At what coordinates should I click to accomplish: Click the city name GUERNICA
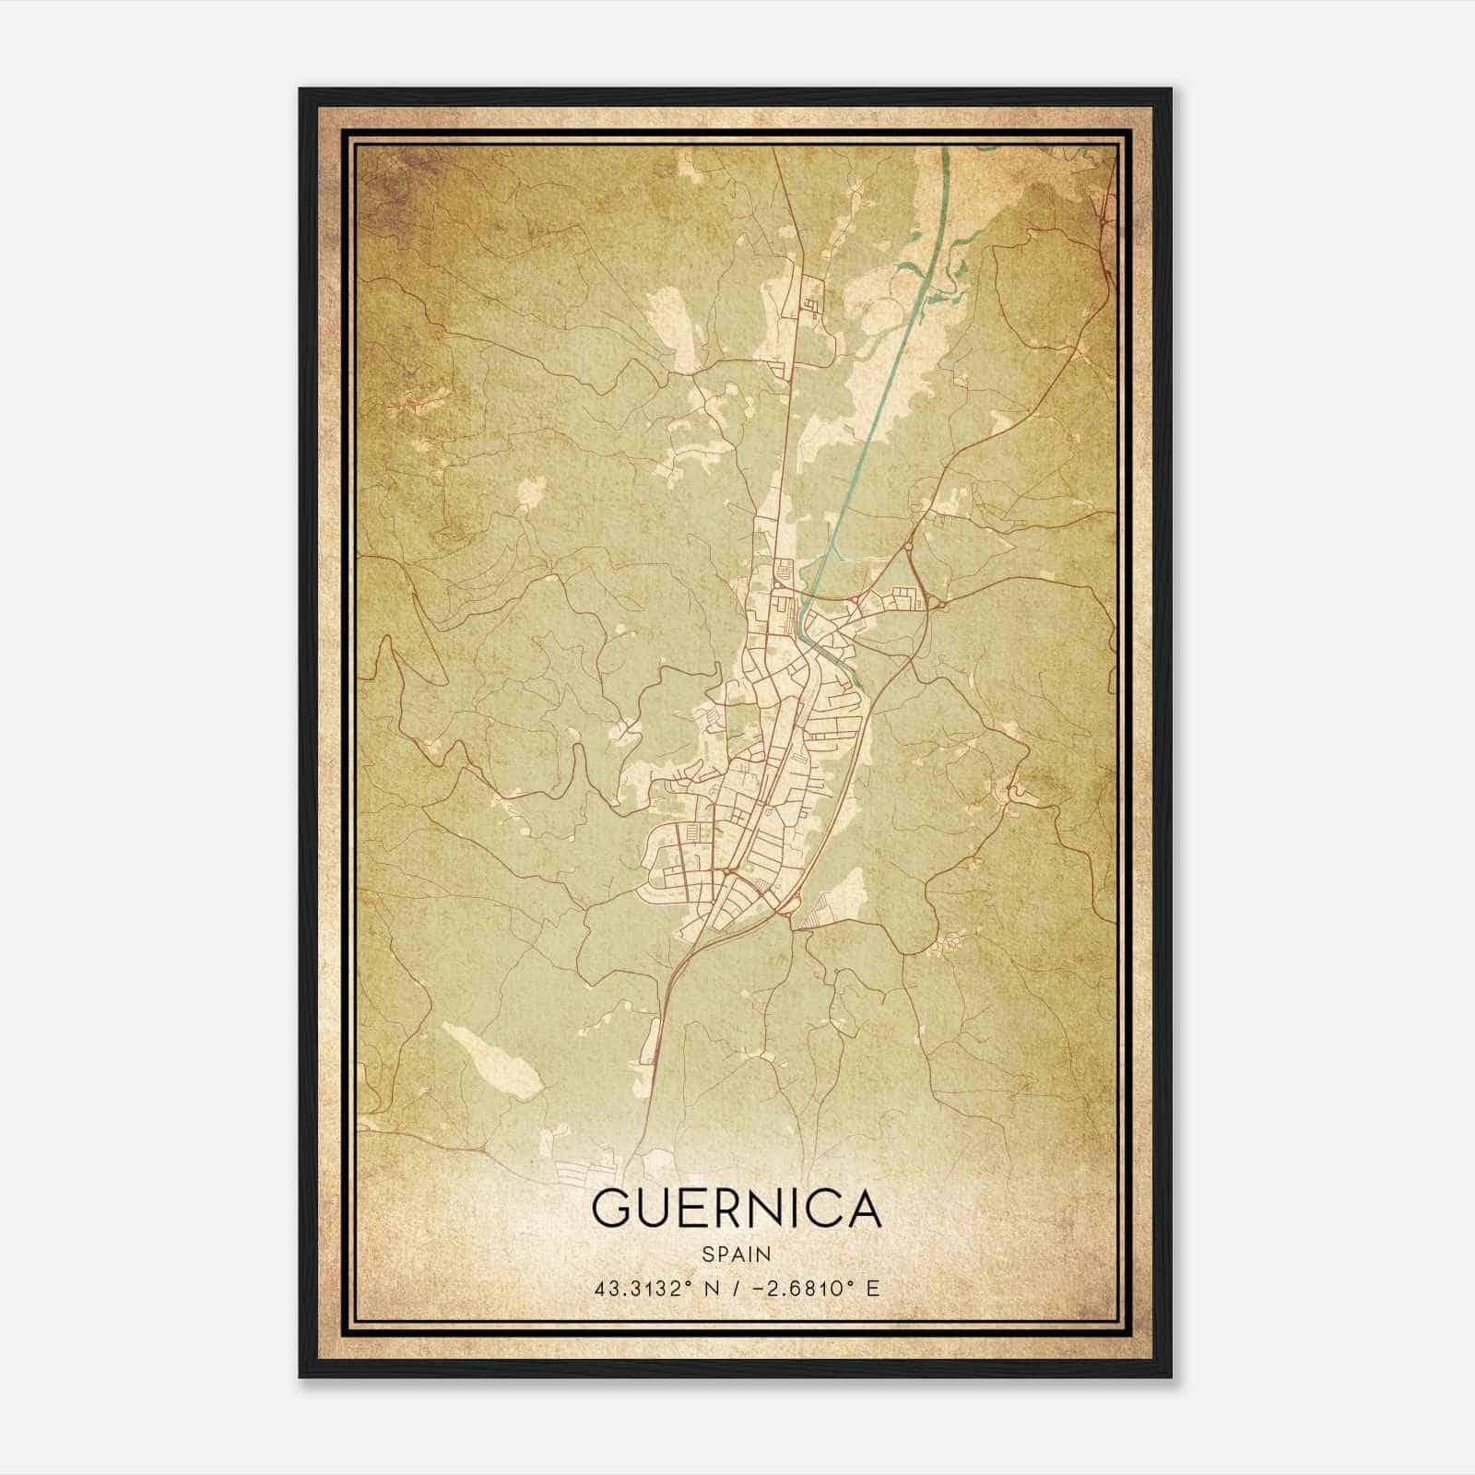(737, 1209)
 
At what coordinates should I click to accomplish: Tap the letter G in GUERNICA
(613, 1209)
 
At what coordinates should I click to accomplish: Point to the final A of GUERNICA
(862, 1209)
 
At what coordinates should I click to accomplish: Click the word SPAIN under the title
(737, 1254)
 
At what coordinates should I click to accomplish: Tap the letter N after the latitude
(711, 1287)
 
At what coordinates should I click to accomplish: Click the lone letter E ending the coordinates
(874, 1287)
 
